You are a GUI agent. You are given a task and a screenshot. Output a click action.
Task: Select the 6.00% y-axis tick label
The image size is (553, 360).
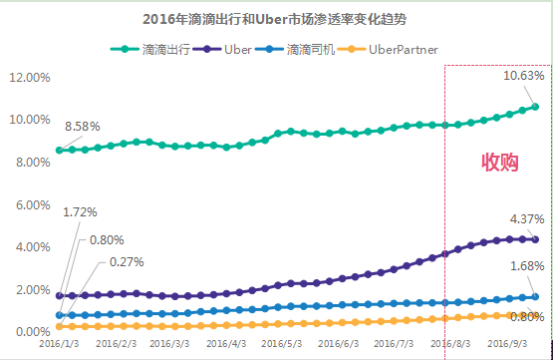pos(27,204)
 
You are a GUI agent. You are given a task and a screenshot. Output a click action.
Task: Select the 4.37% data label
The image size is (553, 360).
pos(526,218)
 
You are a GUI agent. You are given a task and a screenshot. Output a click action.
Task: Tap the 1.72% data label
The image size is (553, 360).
pos(81,212)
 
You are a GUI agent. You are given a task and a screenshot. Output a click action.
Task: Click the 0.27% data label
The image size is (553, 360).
pos(126,262)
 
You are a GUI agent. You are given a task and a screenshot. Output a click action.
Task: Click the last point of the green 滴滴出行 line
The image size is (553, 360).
pos(535,106)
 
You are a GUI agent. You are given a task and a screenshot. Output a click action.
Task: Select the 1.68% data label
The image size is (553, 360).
pos(526,266)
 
